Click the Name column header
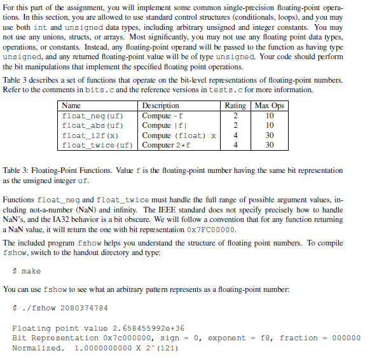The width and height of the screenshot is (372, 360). point(72,106)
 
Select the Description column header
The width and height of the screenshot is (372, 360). point(160,106)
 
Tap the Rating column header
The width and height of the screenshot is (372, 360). point(235,106)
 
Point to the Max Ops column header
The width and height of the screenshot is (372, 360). point(269,106)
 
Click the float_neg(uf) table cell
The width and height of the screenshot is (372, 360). point(92,116)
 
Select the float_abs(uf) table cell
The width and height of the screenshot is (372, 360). point(92,125)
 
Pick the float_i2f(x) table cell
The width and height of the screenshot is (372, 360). point(90,135)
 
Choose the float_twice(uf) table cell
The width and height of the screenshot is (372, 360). point(97,145)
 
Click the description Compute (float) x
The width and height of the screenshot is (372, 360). point(179,135)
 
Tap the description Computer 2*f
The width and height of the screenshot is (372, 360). point(166,145)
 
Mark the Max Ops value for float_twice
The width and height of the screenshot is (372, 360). point(269,145)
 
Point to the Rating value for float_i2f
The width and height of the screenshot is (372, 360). point(235,135)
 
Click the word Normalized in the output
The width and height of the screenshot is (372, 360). point(38,348)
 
